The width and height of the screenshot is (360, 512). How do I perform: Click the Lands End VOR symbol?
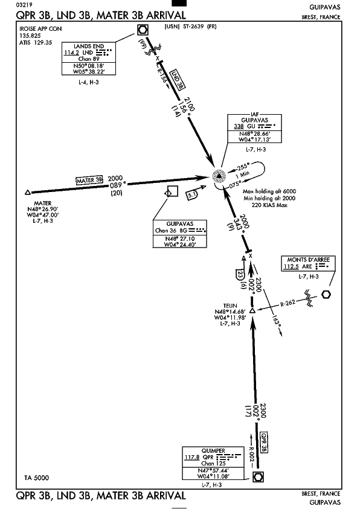(x=143, y=30)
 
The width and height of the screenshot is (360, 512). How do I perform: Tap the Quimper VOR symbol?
(x=258, y=477)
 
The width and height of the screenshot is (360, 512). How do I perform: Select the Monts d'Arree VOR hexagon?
(x=326, y=294)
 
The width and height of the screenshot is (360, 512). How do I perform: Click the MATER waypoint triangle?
(x=28, y=193)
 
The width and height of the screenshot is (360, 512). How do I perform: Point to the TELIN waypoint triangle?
(x=252, y=310)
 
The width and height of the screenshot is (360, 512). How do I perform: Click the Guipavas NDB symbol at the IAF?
(x=219, y=176)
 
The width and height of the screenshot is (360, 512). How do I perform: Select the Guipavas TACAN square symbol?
(x=172, y=191)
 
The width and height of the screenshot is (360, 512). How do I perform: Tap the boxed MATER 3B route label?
(x=89, y=181)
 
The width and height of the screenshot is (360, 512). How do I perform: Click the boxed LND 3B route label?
(x=178, y=79)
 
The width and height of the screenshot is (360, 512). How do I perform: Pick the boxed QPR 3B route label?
(x=264, y=443)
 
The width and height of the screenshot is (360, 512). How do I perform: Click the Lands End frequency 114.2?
(x=71, y=53)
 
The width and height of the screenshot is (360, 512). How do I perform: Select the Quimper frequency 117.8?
(x=191, y=457)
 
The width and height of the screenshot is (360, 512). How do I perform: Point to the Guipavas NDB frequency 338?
(x=239, y=126)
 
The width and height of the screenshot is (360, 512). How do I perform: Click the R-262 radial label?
(x=288, y=303)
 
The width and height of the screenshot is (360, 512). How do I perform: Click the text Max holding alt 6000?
(x=269, y=191)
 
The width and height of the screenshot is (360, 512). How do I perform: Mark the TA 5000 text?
(x=36, y=478)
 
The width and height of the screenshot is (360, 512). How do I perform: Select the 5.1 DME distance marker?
(x=193, y=195)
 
